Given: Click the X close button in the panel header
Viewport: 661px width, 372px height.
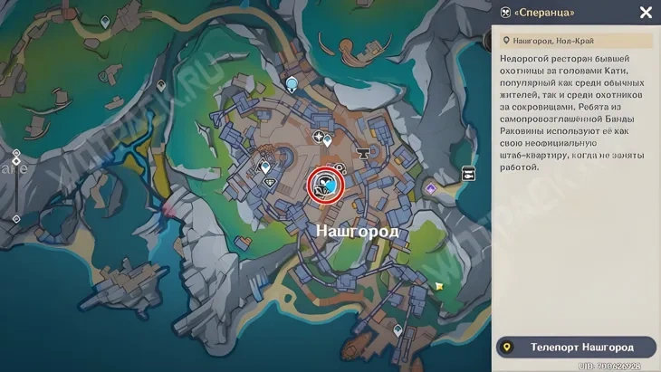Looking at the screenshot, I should point(646,13).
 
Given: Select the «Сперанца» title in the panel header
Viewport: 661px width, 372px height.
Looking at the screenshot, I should point(544,13).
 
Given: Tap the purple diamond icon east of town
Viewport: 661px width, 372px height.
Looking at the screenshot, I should point(431,189).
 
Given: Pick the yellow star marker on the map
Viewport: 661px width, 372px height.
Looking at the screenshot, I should point(439,286).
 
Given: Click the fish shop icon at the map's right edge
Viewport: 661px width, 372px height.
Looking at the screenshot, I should point(469,173).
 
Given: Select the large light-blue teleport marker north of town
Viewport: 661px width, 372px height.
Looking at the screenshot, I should point(292,84).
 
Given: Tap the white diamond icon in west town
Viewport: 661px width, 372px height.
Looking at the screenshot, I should point(269,182).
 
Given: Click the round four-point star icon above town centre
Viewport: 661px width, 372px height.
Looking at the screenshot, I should point(318,137).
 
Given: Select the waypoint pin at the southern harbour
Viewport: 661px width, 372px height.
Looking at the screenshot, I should point(398,329).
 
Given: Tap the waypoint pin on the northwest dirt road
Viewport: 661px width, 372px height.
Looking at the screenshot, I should point(106,21).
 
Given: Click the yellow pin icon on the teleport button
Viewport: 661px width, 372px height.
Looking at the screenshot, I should point(508,347).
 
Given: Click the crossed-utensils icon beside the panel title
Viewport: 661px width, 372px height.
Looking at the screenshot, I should point(504,13).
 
